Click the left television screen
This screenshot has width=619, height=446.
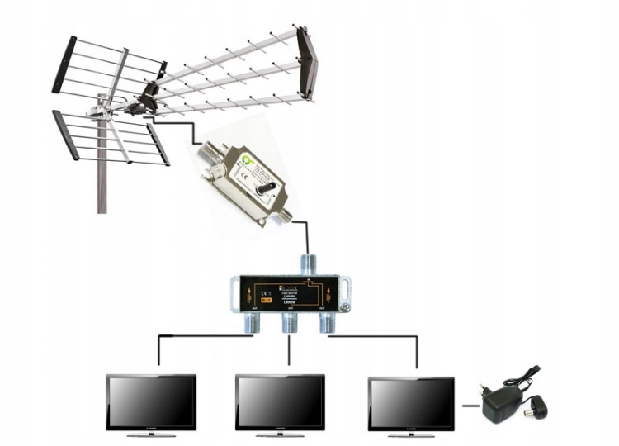[151, 401]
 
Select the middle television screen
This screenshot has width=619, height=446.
[280, 401]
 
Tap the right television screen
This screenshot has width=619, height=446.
[410, 403]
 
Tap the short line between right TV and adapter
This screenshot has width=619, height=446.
[469, 405]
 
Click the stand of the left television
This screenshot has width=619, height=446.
[151, 434]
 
